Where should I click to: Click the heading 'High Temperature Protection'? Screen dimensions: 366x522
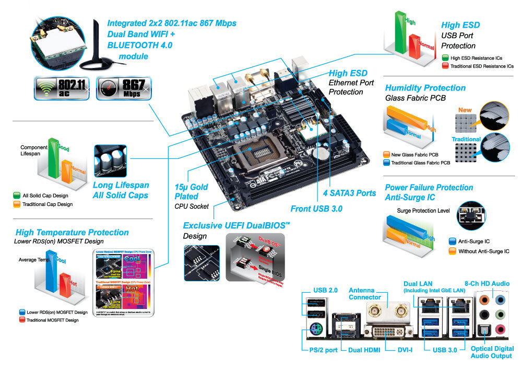coord(72,232)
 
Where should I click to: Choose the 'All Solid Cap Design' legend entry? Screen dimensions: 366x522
coord(42,195)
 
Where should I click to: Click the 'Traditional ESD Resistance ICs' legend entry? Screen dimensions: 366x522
coord(477,66)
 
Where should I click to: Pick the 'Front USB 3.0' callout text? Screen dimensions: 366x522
coord(316,208)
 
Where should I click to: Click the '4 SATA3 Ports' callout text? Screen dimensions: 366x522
coord(349,193)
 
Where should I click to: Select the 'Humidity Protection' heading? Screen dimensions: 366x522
coord(425,88)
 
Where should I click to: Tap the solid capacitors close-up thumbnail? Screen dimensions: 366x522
coord(110,161)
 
